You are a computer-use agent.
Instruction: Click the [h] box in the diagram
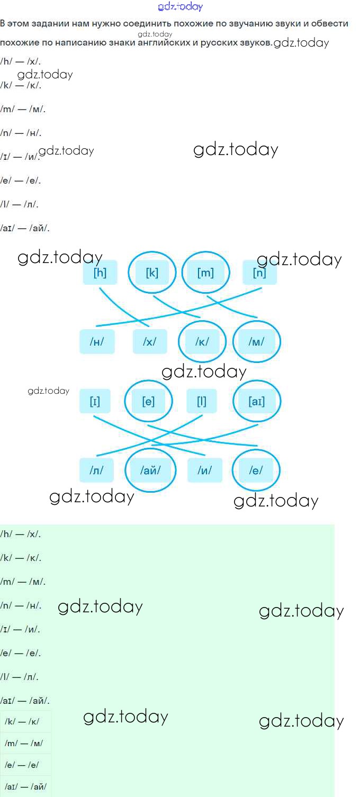coord(100,273)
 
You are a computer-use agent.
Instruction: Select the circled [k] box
coord(152,273)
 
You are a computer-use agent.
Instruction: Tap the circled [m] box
coord(205,273)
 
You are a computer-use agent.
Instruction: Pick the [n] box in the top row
coord(259,273)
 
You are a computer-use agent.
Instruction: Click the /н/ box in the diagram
coord(96,342)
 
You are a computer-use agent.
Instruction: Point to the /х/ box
coord(150,342)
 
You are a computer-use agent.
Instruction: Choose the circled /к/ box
coord(202,342)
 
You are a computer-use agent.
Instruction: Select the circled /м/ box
coord(256,342)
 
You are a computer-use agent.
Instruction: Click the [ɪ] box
coord(95,401)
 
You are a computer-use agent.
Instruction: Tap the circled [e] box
coord(148,401)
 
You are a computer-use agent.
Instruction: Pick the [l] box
coord(202,401)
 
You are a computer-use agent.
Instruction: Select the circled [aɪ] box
coord(257,401)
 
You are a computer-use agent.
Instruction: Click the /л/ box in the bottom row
coord(96,470)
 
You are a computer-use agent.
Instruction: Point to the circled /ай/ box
coord(150,470)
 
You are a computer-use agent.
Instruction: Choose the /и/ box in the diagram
coord(204,470)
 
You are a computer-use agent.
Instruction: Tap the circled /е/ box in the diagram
coord(256,470)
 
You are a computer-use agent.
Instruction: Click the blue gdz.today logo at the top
coord(180,7)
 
